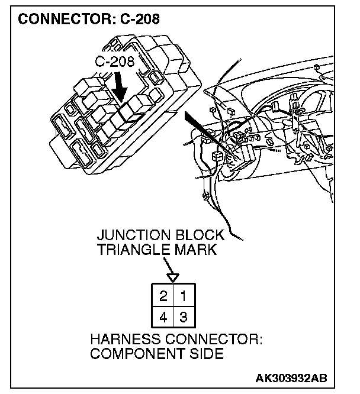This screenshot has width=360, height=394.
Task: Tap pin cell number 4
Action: (x=163, y=317)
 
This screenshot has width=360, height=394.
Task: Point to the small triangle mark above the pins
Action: (x=172, y=276)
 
